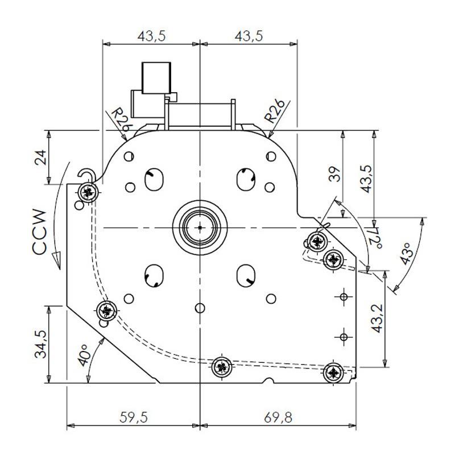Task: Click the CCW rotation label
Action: pos(39,233)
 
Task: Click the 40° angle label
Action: pos(85,355)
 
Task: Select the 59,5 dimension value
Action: pos(134,417)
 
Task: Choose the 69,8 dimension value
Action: pos(278,417)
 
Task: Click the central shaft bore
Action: pos(200,227)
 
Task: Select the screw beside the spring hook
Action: pos(87,192)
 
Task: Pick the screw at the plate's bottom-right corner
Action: pos(333,373)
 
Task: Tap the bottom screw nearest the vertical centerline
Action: pos(222,367)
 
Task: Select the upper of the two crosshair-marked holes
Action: pos(344,296)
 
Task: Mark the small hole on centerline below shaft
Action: pos(199,308)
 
